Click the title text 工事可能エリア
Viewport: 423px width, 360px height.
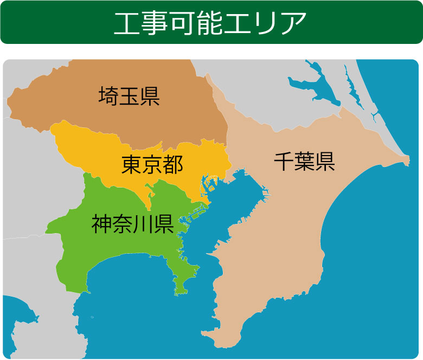point(211,22)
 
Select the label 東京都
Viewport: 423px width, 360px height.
point(152,165)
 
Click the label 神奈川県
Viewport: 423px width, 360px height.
point(132,223)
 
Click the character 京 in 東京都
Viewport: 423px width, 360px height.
point(152,165)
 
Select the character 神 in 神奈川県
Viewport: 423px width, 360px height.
point(101,223)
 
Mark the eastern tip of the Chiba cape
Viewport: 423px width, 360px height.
point(407,159)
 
